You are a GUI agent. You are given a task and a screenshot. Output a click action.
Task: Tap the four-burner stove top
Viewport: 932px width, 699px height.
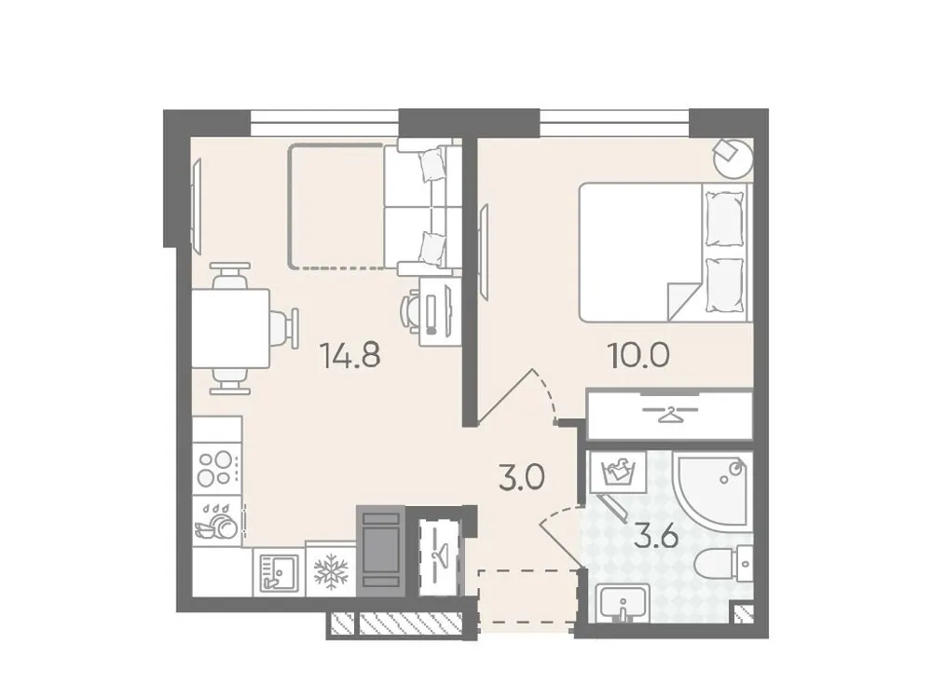coord(216,467)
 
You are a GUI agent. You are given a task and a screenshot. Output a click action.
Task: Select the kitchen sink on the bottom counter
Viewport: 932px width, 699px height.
coord(276,569)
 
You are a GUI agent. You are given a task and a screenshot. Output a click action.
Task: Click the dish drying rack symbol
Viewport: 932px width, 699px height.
coord(216,521)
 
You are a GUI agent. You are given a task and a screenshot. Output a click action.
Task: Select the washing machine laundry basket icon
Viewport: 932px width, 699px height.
coord(616,473)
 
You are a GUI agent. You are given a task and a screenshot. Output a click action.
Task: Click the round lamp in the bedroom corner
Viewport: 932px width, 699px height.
coord(732,156)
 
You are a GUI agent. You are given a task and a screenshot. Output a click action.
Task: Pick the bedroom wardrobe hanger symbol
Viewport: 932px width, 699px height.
coord(668,413)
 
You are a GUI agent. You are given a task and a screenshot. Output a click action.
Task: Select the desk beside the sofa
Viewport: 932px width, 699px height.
coord(436,311)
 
